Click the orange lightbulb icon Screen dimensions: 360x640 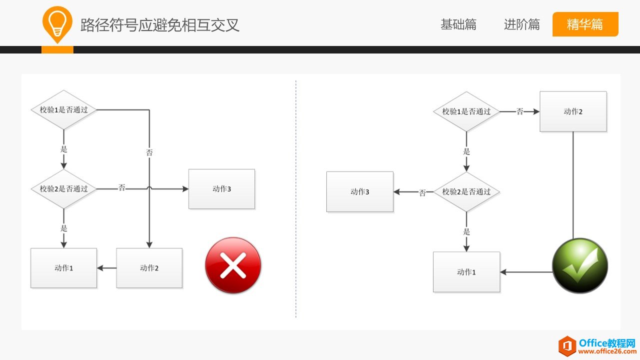[x=57, y=23]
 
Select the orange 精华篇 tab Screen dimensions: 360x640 [x=585, y=24]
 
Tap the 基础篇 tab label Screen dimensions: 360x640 [x=458, y=24]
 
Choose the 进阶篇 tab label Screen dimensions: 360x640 [x=522, y=24]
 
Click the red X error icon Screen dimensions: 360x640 [x=233, y=265]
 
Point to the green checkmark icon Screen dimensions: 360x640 [x=580, y=265]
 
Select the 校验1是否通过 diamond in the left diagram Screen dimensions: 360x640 [x=64, y=109]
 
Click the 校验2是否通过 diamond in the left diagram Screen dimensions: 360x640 [x=64, y=189]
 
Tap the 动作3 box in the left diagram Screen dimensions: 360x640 [x=221, y=189]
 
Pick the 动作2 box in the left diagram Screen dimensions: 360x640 [x=149, y=268]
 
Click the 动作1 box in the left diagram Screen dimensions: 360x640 [x=63, y=268]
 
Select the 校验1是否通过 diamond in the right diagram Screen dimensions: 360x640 [x=466, y=111]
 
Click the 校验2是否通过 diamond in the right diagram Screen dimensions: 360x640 [x=466, y=192]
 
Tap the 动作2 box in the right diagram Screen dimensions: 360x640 [x=573, y=111]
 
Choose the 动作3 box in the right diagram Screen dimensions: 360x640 [x=360, y=191]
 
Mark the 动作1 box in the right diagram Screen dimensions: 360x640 [x=466, y=272]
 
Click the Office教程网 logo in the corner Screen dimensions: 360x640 [x=597, y=345]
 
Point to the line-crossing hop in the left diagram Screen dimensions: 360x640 [x=149, y=188]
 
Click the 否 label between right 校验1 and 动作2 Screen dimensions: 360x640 [x=520, y=111]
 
